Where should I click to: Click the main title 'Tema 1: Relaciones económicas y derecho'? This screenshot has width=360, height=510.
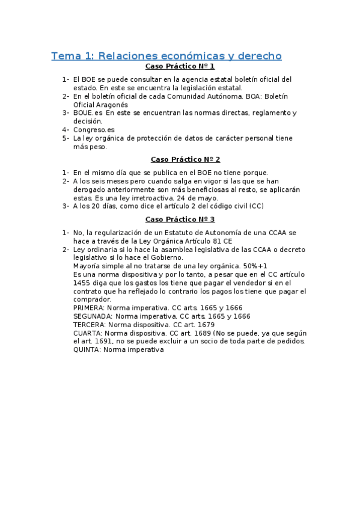pyautogui.click(x=166, y=56)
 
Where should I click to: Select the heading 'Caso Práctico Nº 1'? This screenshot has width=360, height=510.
pyautogui.click(x=180, y=66)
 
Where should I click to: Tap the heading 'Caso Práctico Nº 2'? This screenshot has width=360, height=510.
pyautogui.click(x=185, y=159)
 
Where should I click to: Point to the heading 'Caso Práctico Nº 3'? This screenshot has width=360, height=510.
pyautogui.click(x=180, y=220)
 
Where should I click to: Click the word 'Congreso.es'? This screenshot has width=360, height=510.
pyautogui.click(x=94, y=129)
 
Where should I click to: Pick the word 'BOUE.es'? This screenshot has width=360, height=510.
pyautogui.click(x=87, y=112)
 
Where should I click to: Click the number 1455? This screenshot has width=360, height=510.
pyautogui.click(x=82, y=282)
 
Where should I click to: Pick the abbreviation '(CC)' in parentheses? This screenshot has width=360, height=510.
pyautogui.click(x=256, y=206)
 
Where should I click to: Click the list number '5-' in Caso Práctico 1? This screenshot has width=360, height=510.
pyautogui.click(x=66, y=138)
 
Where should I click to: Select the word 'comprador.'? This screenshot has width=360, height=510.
pyautogui.click(x=92, y=299)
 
